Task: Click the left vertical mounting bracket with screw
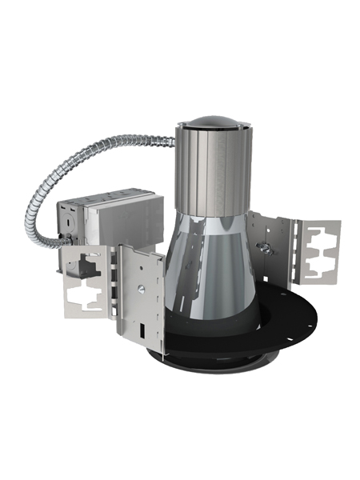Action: (x=142, y=296)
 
